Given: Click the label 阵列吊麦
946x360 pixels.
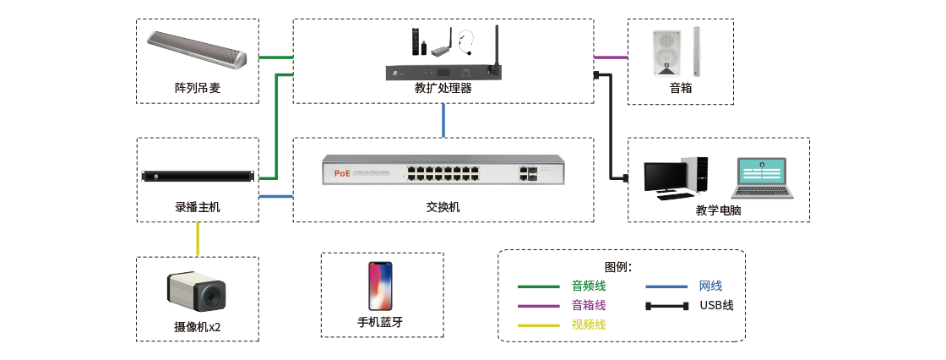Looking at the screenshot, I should [198, 88].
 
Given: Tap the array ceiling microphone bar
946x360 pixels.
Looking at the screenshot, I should [197, 51].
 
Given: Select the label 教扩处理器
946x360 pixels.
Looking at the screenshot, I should [443, 88].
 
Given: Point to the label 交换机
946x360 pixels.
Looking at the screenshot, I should [443, 207].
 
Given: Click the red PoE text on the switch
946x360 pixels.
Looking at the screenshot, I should [342, 173].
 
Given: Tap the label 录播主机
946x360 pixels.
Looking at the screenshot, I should [198, 207].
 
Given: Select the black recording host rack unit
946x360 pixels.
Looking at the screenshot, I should [198, 177].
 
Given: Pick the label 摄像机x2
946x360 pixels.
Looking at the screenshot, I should [198, 327].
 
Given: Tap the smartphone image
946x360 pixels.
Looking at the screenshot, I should [380, 286].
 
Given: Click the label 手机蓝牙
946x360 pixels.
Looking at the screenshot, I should [380, 322].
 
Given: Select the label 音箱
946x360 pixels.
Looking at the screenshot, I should [680, 88].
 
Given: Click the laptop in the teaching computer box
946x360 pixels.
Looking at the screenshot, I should [764, 178].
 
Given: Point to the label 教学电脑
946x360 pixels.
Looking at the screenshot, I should [718, 210].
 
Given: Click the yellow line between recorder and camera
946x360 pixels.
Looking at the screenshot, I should [198, 239].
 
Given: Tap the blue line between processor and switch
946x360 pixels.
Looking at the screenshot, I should [443, 121].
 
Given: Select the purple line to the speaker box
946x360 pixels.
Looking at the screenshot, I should [612, 57].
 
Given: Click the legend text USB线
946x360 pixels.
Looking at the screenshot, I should [716, 305].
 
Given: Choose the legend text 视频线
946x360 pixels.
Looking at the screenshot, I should [589, 325].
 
